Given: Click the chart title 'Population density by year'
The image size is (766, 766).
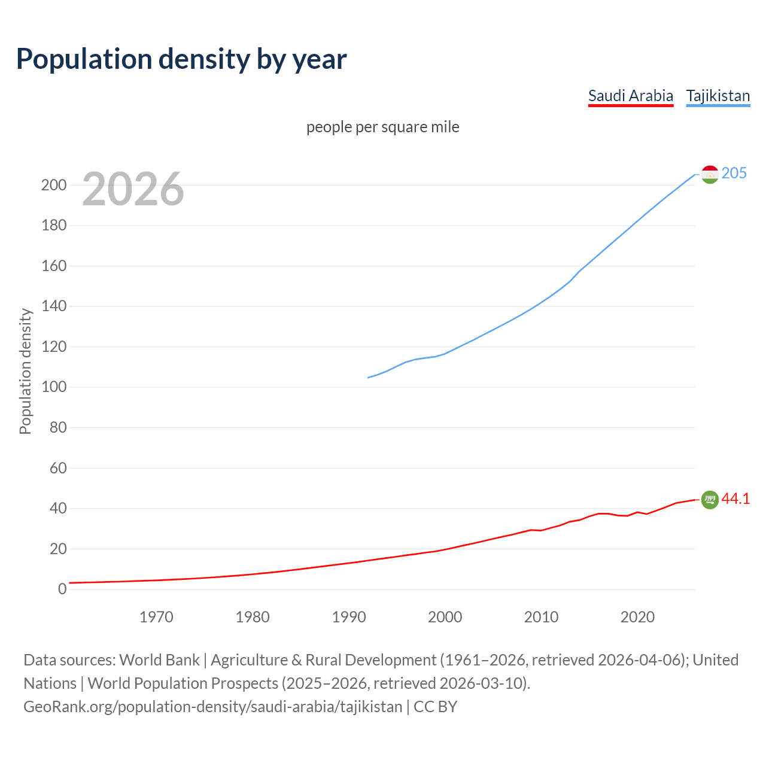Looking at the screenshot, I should (181, 59).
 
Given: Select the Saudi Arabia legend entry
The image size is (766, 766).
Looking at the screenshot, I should (630, 96).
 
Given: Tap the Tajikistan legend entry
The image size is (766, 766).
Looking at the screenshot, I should (718, 96).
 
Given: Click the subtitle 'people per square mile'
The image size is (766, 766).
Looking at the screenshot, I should (382, 127).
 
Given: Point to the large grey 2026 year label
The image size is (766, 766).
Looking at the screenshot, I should (133, 189).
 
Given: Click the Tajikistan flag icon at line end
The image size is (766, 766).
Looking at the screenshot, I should (709, 174).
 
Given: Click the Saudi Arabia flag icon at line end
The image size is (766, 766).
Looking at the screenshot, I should (709, 499).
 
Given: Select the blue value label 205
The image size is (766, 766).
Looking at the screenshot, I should (734, 174).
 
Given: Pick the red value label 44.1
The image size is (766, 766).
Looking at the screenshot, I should (735, 498).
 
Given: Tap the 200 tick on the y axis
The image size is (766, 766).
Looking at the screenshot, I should (53, 185).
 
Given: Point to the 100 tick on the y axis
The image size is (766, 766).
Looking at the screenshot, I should (53, 387).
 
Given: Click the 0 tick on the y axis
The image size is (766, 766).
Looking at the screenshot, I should (62, 589).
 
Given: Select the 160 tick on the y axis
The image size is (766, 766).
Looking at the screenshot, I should (53, 266).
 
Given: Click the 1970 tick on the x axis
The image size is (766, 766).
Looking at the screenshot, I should (156, 617).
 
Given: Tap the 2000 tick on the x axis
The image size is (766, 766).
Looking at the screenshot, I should (445, 617).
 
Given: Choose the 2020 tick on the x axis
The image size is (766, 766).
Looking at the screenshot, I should (637, 617).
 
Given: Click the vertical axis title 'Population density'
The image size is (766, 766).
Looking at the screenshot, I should (25, 371).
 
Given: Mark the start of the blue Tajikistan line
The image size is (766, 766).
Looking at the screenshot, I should (368, 378).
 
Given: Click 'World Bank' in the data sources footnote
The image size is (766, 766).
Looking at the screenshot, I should (159, 660).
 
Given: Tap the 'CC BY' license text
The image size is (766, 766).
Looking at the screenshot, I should (435, 707).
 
